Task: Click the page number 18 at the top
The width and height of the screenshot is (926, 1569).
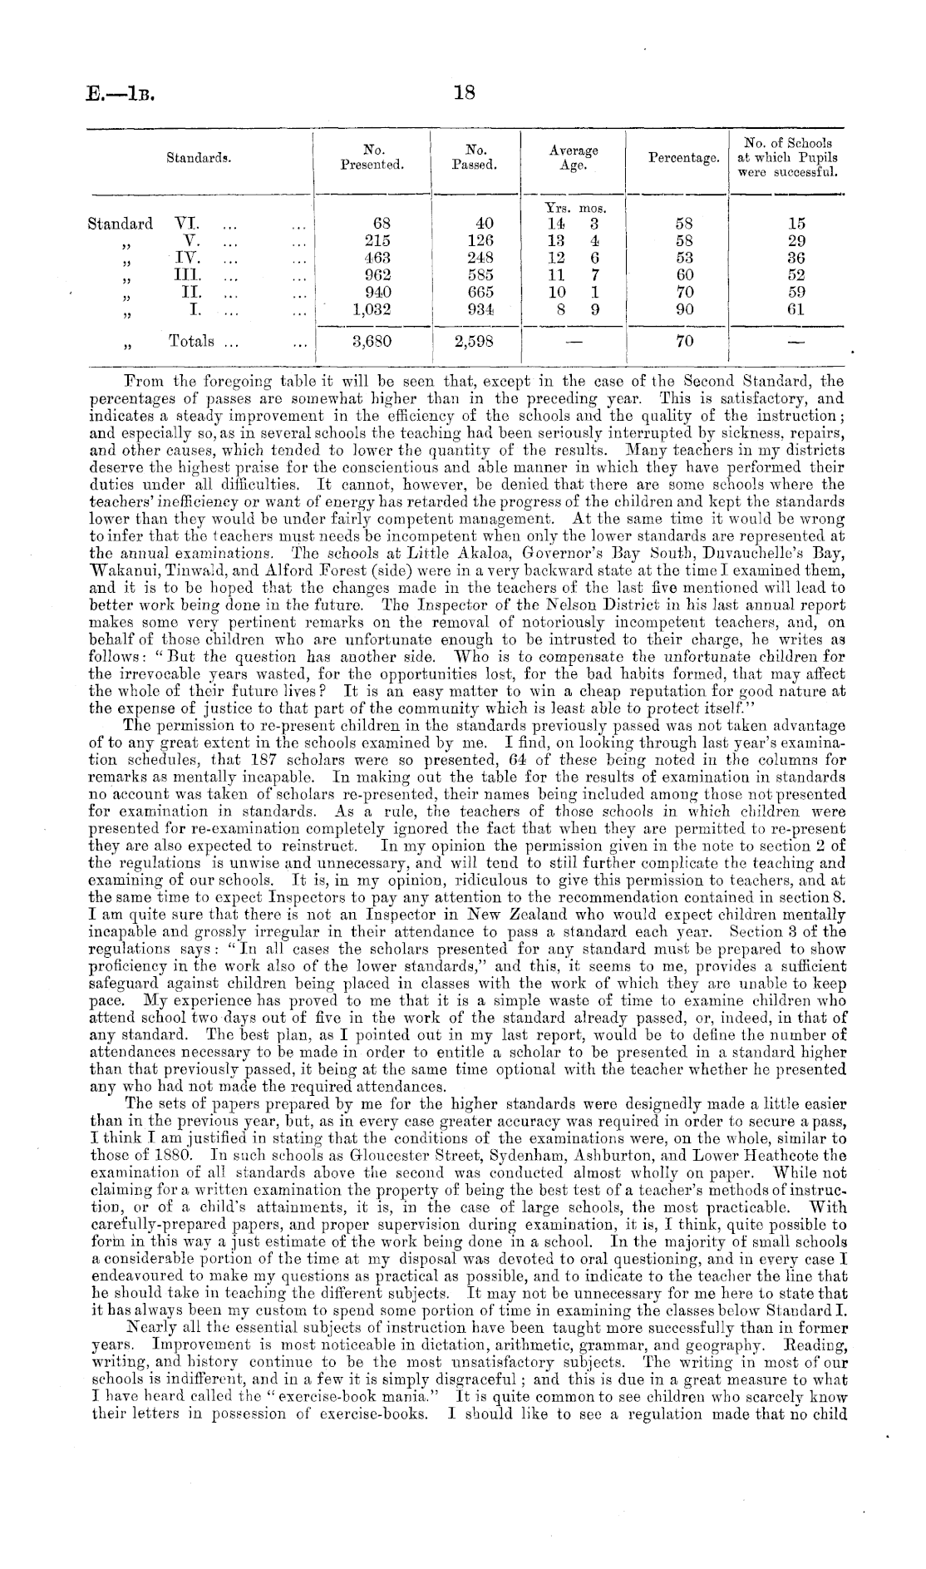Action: point(463,95)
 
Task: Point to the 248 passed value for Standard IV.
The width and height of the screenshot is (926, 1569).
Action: point(480,258)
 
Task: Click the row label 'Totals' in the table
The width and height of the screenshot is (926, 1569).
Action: point(191,341)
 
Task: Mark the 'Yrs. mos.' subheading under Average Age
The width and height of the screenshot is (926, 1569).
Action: point(574,208)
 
